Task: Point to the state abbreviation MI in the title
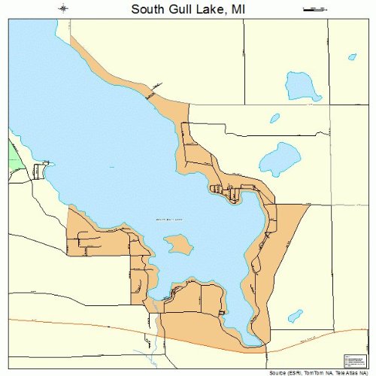coord(238,9)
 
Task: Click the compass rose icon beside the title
coord(65,9)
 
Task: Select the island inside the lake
coord(177,244)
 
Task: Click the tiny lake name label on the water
coord(169,220)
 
